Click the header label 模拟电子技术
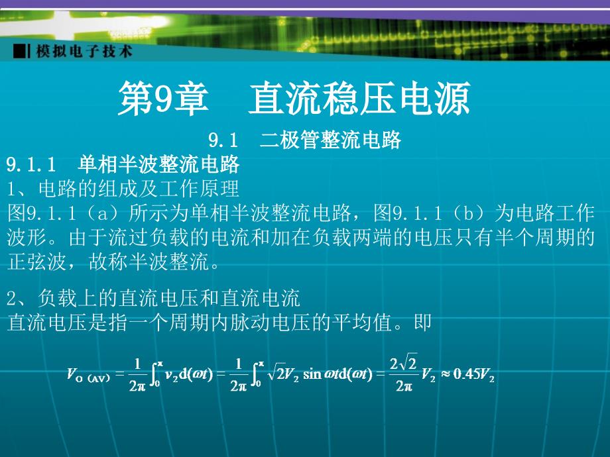84,51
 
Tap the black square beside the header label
19,51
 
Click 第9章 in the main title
163,99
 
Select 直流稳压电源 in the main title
359,99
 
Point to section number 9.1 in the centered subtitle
223,140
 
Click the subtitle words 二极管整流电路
330,140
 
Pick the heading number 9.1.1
32,165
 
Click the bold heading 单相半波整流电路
158,164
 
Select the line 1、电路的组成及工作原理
123,189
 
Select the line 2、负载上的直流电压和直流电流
154,298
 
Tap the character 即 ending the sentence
422,323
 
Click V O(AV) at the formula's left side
88,375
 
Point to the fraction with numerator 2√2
403,373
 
